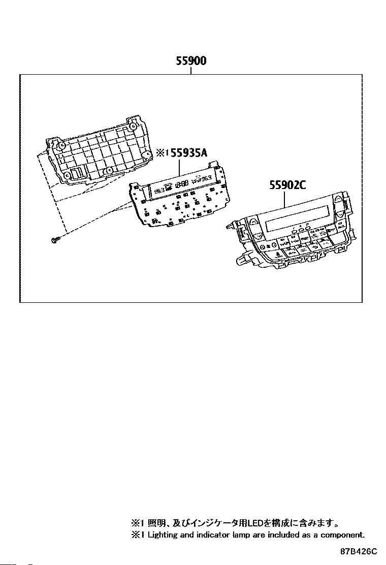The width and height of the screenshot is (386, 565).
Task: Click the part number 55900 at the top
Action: [191, 61]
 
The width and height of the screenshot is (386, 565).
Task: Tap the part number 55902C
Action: [287, 185]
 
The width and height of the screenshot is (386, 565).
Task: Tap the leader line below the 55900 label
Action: [191, 71]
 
